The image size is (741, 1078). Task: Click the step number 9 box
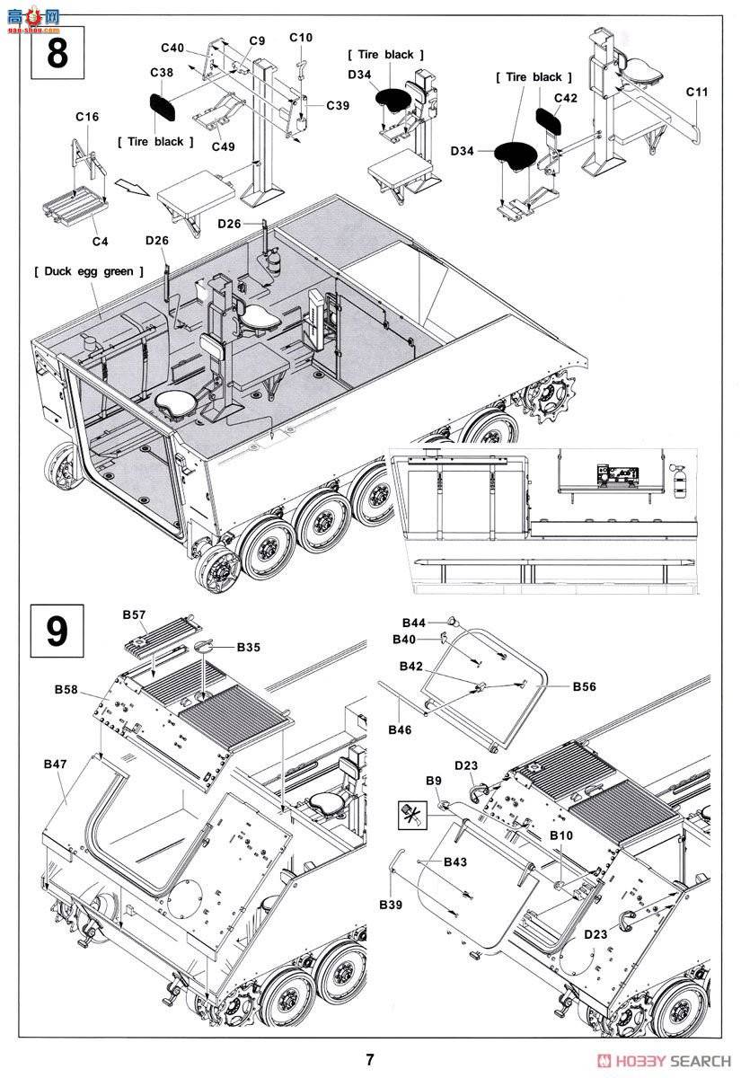(56, 631)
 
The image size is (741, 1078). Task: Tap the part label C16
(87, 118)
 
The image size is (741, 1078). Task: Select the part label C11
(697, 92)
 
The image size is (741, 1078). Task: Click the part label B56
(585, 686)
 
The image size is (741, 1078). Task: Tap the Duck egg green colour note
(87, 270)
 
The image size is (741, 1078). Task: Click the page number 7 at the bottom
(370, 1060)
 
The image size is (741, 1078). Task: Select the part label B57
(133, 615)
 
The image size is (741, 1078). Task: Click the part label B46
(400, 729)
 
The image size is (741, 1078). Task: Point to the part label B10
(561, 835)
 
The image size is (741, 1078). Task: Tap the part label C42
(566, 97)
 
